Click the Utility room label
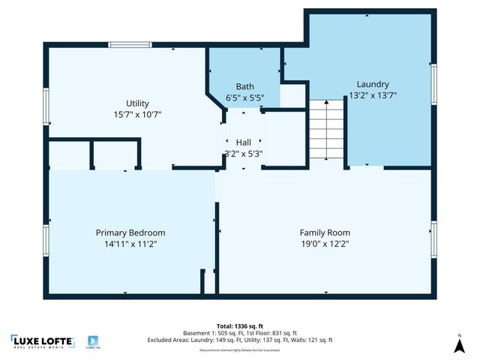tap(137, 103)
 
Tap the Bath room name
tap(244, 86)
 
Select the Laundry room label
tap(373, 84)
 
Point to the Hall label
tap(244, 142)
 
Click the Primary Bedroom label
tap(130, 232)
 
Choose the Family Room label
tap(325, 232)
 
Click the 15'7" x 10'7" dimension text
tap(137, 115)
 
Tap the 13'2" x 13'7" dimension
tap(373, 95)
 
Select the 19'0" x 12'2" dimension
tap(325, 244)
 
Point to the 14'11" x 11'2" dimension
tap(130, 244)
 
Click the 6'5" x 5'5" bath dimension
tap(244, 97)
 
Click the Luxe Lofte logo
tap(42, 341)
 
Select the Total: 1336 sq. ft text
tap(240, 325)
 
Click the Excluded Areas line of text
tap(240, 340)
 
